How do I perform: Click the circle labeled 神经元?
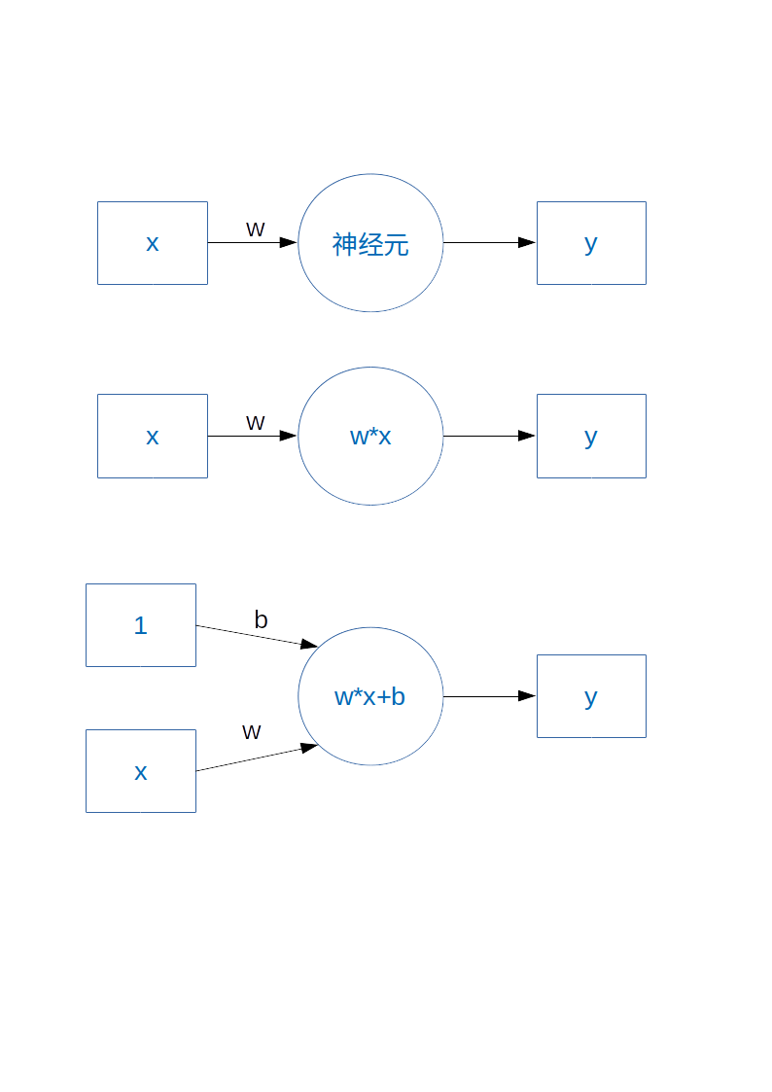click(370, 243)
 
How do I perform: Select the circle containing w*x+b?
click(370, 696)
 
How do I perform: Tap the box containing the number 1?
click(141, 625)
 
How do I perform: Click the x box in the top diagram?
click(153, 243)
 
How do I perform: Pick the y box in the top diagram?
click(591, 243)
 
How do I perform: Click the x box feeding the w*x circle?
click(153, 436)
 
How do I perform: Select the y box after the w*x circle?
click(591, 436)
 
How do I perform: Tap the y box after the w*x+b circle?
click(591, 696)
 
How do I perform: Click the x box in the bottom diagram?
click(141, 771)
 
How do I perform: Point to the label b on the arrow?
click(261, 619)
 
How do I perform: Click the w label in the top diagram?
click(255, 229)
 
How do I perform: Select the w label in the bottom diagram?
click(251, 731)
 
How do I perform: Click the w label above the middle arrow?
click(255, 422)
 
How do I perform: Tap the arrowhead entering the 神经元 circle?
click(288, 243)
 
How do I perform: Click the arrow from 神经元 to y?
click(489, 243)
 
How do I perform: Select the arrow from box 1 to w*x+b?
click(257, 636)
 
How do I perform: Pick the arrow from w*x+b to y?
click(489, 696)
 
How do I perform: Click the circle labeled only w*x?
click(370, 436)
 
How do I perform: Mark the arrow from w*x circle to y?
click(489, 436)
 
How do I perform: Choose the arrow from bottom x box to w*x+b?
click(257, 758)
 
